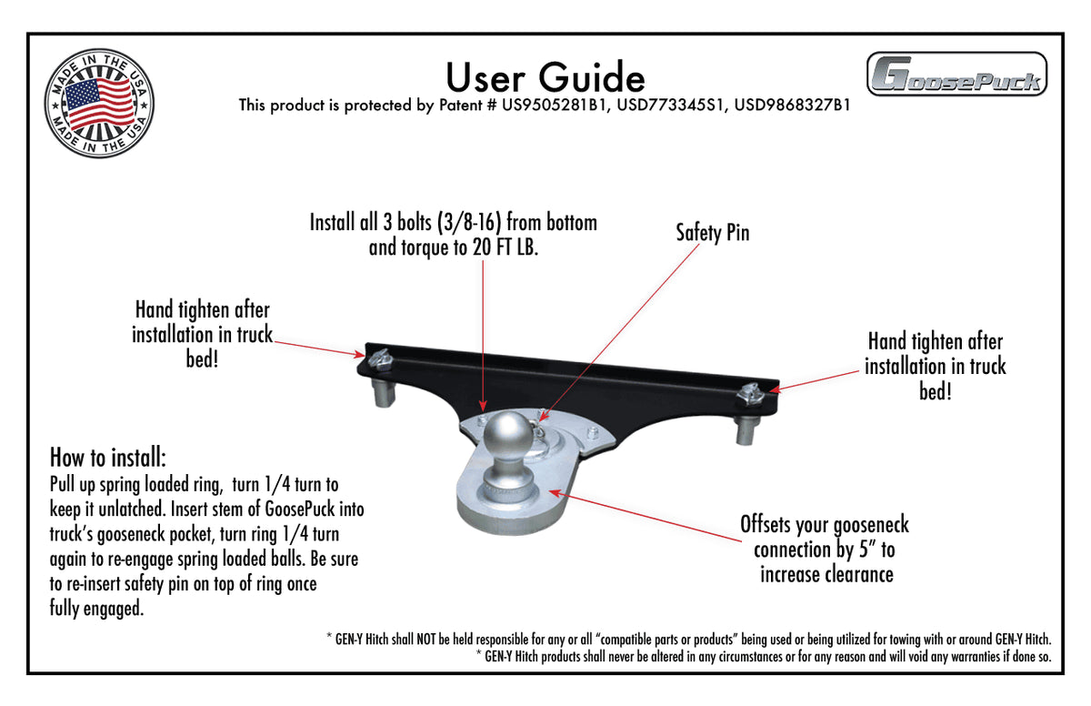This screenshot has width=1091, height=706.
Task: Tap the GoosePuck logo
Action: tap(956, 75)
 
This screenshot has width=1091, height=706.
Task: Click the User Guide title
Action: tap(545, 76)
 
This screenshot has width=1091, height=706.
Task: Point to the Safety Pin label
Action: tap(712, 233)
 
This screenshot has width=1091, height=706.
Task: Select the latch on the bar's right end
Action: tap(753, 394)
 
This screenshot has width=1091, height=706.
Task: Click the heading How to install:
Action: tap(108, 456)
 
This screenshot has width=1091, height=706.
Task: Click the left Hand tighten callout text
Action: tap(202, 334)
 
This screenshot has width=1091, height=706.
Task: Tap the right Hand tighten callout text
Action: tap(935, 366)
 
